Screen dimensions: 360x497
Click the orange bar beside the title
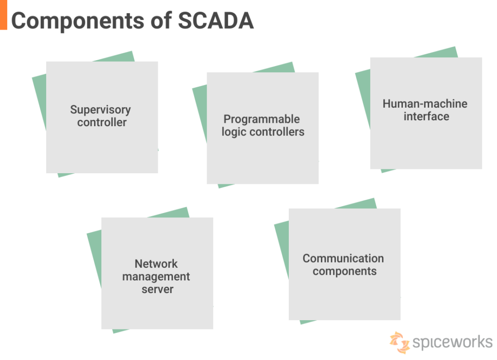tap(3, 15)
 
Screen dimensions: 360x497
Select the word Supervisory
tap(100, 110)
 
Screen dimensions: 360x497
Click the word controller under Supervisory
tap(102, 122)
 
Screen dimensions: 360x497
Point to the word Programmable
tap(262, 119)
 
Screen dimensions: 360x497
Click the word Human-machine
tap(425, 104)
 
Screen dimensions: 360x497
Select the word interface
tap(426, 116)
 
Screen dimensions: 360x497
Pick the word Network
tap(156, 264)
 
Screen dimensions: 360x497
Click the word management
tap(156, 277)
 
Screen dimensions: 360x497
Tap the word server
tap(157, 289)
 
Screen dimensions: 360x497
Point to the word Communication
tap(343, 259)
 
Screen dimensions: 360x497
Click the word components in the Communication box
tap(344, 271)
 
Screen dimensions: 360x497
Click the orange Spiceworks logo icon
tap(399, 342)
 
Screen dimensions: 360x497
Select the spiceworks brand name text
tap(452, 342)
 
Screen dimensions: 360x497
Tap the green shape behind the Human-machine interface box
tap(363, 97)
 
